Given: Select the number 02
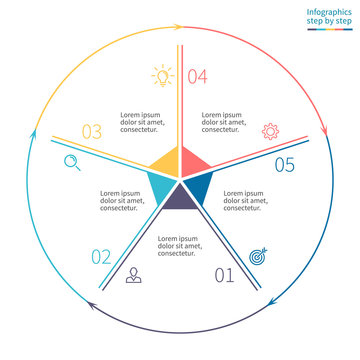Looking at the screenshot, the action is (102, 257).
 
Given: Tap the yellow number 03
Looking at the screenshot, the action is (92, 131).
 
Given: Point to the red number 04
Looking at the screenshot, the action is (197, 76).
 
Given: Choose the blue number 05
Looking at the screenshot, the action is (284, 165).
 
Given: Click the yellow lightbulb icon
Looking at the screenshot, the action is (160, 74).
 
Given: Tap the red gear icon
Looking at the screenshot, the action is (270, 130).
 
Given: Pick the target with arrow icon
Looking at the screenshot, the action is (258, 256).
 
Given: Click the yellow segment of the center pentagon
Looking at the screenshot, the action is (166, 161).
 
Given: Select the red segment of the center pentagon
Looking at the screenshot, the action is (194, 161).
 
